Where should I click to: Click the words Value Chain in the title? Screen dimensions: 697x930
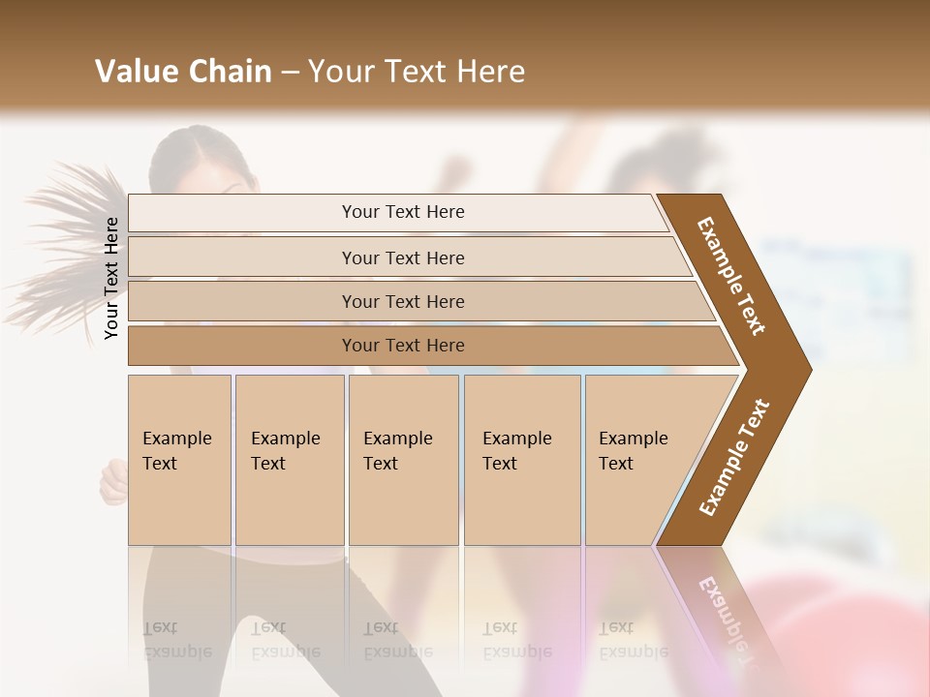tap(183, 72)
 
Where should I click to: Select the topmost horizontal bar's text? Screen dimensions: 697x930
tap(403, 212)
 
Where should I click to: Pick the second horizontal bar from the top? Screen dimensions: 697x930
tap(403, 258)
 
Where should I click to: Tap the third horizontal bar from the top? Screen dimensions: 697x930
tap(403, 301)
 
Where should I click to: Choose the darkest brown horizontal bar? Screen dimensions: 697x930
tap(403, 346)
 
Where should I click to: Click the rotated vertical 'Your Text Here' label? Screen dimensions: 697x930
tap(111, 278)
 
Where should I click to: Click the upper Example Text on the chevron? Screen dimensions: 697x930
tap(731, 275)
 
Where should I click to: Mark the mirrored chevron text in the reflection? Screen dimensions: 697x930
tap(721, 620)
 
